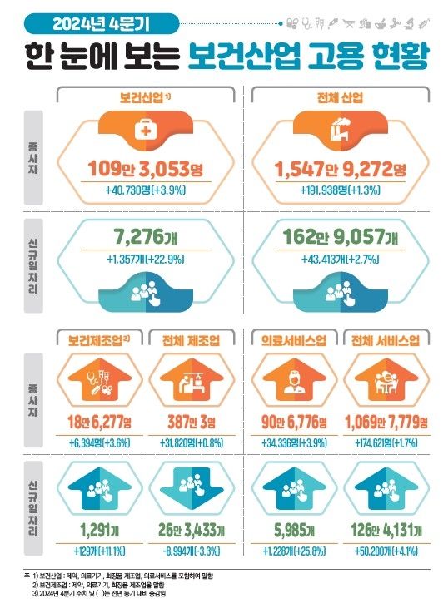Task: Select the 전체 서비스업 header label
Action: tap(385, 339)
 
